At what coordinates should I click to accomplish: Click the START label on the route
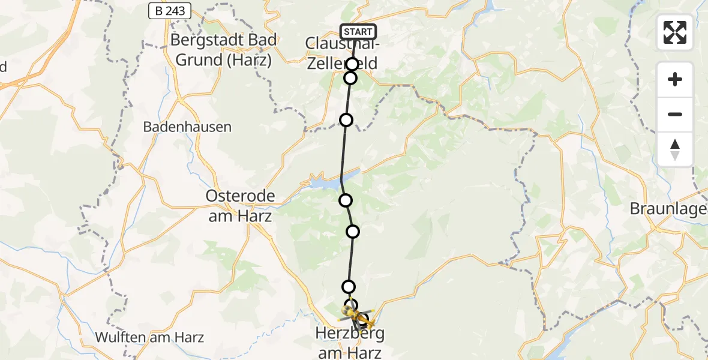358,32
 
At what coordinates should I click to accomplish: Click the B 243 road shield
170,10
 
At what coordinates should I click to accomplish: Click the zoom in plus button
675,79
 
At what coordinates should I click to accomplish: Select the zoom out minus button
675,114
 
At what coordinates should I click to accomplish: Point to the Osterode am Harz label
240,206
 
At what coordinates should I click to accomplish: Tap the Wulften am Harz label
149,337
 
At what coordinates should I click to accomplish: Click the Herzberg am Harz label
351,343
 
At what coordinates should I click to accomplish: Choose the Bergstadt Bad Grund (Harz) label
224,50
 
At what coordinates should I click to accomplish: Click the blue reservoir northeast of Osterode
327,182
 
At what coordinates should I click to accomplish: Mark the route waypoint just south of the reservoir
346,200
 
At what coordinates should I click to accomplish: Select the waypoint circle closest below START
352,64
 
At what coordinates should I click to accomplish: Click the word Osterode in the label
240,196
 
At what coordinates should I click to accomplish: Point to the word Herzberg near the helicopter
351,333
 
